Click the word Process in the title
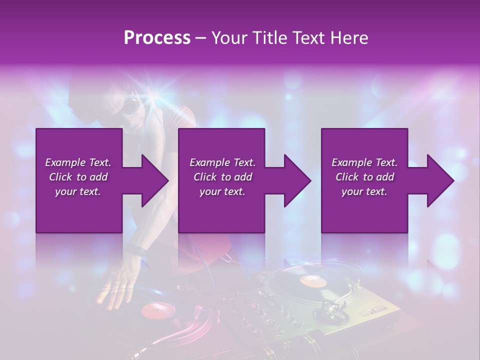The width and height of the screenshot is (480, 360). click(157, 37)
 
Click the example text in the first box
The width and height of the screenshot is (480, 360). click(78, 177)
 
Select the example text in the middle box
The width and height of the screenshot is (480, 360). click(222, 177)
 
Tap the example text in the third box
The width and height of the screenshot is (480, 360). click(364, 177)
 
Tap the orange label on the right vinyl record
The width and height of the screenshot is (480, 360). click(312, 281)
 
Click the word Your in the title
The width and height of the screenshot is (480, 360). click(227, 37)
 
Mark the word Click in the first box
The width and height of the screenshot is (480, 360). click(61, 177)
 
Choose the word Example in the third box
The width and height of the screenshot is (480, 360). click(350, 162)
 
